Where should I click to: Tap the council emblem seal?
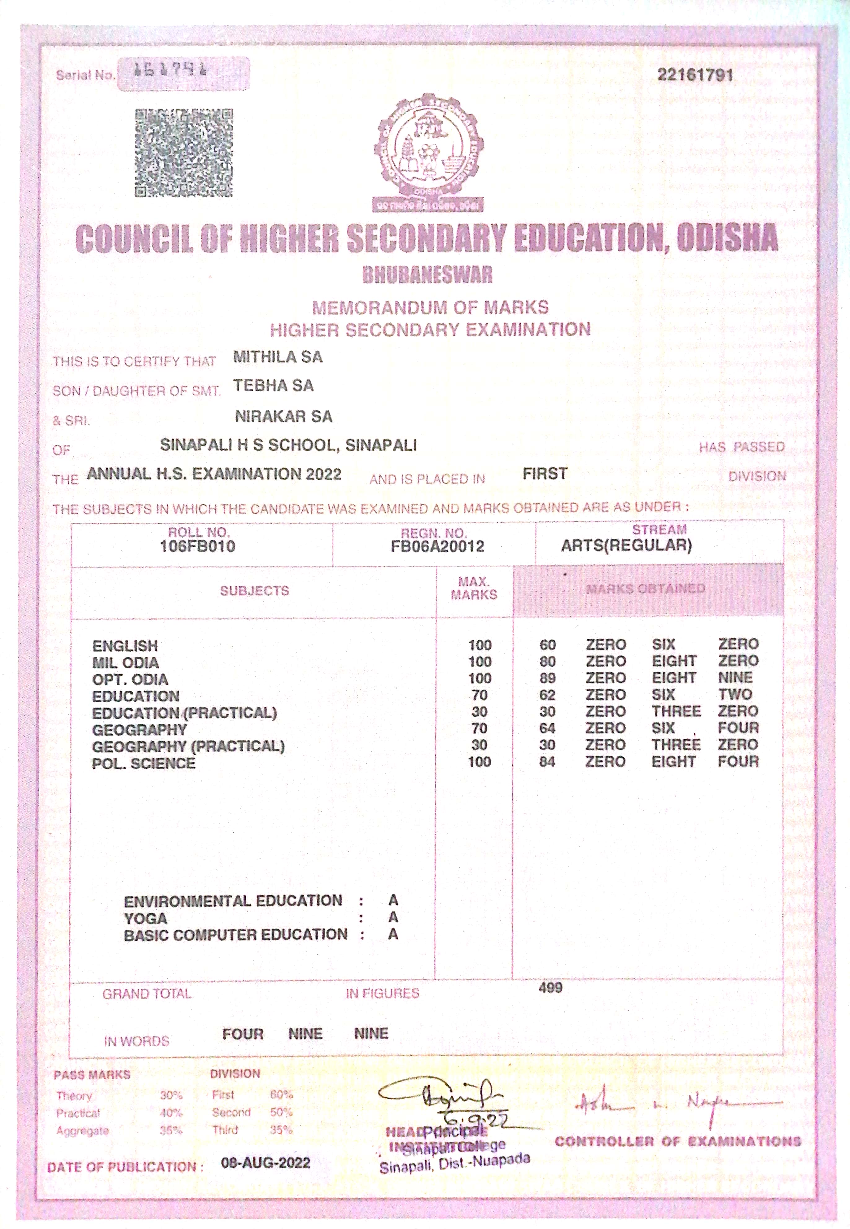(428, 152)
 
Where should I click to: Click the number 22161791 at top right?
(695, 75)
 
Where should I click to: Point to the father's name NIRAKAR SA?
(283, 416)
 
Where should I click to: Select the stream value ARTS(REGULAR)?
(626, 545)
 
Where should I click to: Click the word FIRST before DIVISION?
(545, 473)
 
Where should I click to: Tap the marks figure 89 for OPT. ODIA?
(547, 678)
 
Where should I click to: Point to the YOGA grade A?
(393, 917)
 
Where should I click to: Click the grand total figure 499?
(550, 988)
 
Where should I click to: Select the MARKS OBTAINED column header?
(646, 588)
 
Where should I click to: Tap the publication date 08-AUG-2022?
(265, 1162)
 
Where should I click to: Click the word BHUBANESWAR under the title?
(428, 275)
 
